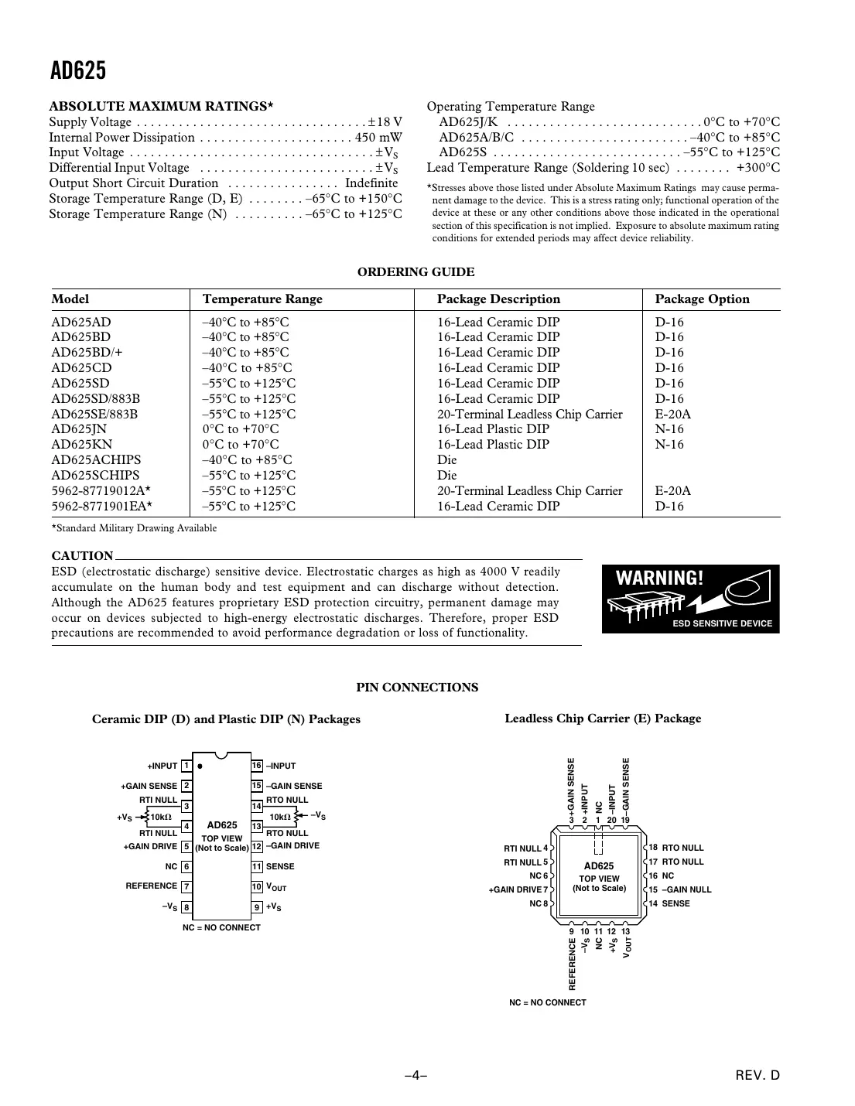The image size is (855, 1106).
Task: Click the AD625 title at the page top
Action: click(78, 71)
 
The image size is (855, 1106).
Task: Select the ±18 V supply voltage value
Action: click(385, 122)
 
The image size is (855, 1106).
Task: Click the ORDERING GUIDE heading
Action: click(416, 272)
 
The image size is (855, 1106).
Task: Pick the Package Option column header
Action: click(702, 299)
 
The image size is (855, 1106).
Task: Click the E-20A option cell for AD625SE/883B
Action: click(672, 414)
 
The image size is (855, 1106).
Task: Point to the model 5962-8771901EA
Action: click(101, 507)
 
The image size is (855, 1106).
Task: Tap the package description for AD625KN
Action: click(493, 445)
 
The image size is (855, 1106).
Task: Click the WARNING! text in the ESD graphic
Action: click(659, 579)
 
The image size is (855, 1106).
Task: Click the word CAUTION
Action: click(82, 556)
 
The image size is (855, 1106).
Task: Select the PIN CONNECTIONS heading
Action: click(417, 688)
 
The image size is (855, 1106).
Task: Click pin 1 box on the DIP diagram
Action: click(186, 766)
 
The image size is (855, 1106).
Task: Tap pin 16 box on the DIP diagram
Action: click(257, 766)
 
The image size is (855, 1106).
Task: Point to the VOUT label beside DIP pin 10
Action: click(276, 888)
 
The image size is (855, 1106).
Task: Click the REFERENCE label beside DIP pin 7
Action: click(152, 886)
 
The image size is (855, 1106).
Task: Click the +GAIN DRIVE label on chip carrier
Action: click(515, 890)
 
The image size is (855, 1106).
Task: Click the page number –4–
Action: click(416, 1076)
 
